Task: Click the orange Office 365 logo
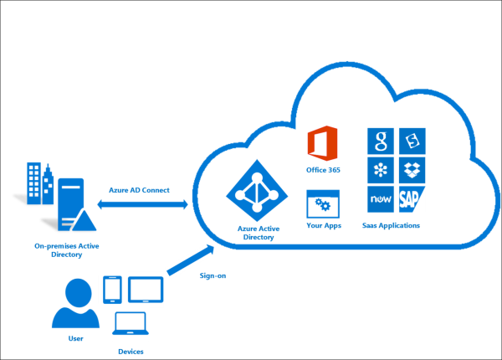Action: pos(322,143)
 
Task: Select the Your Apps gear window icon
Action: pos(322,203)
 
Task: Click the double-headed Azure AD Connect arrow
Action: pos(142,204)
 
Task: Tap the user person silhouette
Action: pos(75,303)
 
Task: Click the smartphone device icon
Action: pos(113,290)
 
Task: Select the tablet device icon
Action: pos(144,290)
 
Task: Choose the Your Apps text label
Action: pos(323,225)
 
